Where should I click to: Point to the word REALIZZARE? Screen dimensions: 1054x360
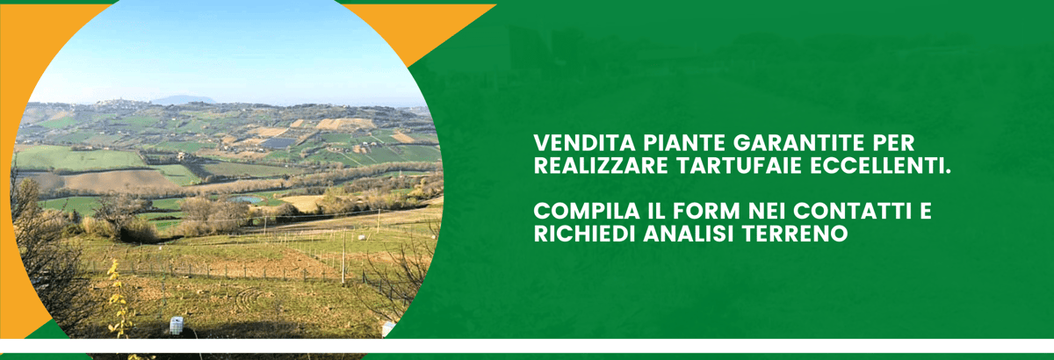[x=601, y=166]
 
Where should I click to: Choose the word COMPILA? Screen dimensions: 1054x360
[x=587, y=212]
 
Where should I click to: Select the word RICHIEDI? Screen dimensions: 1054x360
[x=584, y=234]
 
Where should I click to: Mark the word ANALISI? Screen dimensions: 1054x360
[x=689, y=234]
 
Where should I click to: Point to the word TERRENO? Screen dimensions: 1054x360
[x=795, y=234]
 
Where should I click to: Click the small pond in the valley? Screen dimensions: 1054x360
[x=246, y=199]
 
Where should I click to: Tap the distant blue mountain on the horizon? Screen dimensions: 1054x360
[x=184, y=100]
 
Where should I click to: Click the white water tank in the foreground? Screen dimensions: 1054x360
[x=176, y=326]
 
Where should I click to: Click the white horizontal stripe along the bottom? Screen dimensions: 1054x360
[x=527, y=346]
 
